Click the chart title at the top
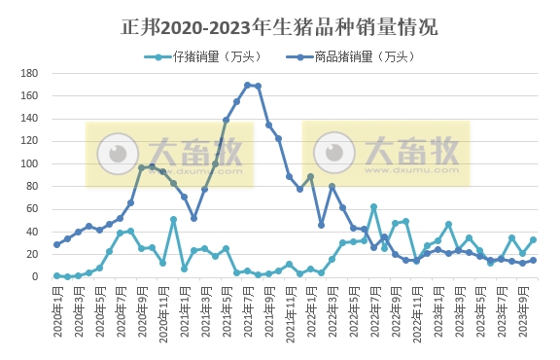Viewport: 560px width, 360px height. click(x=280, y=26)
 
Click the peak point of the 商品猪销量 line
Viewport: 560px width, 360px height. click(x=248, y=85)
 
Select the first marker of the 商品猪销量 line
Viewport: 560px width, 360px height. click(x=57, y=244)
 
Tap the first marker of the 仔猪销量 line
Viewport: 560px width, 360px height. click(x=57, y=275)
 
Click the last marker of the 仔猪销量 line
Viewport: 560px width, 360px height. click(x=533, y=239)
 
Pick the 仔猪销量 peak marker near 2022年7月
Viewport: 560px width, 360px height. click(x=374, y=207)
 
